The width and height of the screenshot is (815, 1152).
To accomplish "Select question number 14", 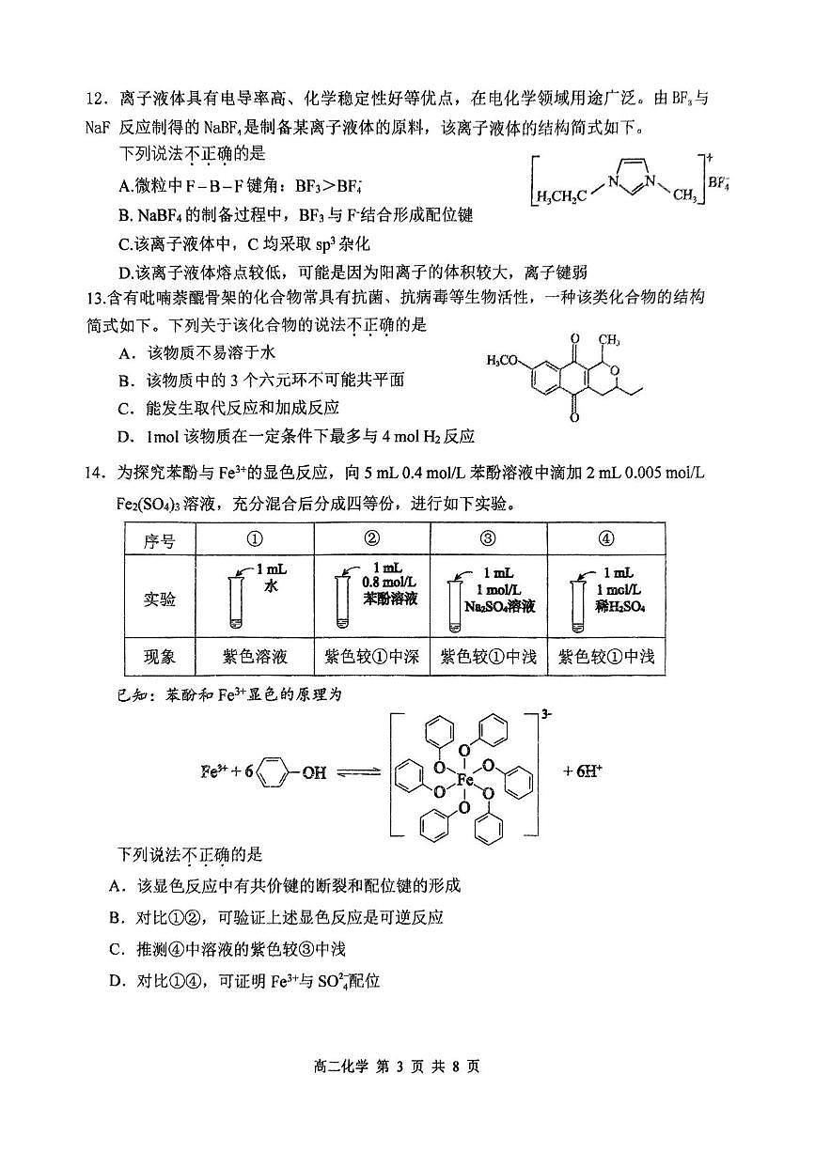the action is (96, 473).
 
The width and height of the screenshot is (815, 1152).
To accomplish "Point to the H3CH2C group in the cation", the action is (561, 195).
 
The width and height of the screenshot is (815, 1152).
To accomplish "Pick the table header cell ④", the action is (605, 538).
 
